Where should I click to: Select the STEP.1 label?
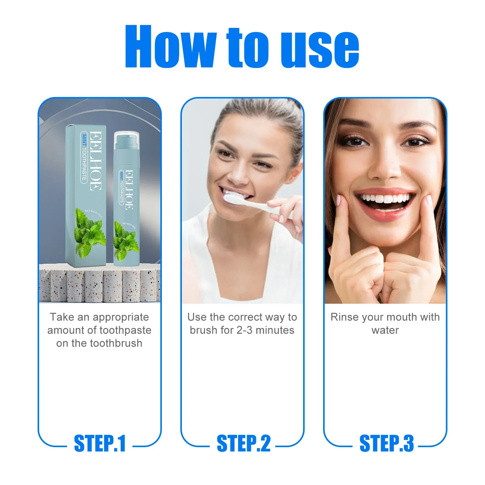point(100,443)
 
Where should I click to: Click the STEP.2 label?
point(243,443)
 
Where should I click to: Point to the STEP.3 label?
point(386,443)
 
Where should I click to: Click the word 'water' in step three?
point(385,330)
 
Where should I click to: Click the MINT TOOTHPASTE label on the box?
point(84,158)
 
